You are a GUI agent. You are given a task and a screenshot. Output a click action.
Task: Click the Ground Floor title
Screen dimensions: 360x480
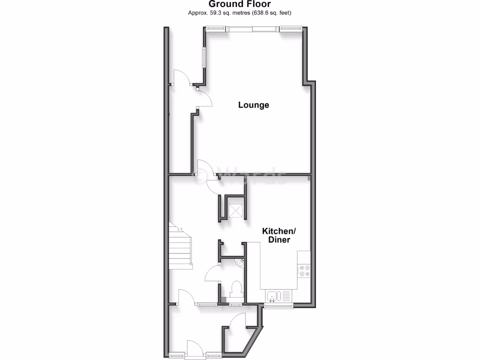tap(240, 4)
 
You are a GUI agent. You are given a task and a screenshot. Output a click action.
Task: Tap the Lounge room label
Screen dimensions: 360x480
tap(254, 105)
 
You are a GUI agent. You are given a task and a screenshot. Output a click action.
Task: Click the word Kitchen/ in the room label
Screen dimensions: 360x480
tap(279, 231)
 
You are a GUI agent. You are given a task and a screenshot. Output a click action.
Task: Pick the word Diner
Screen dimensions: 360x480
tap(279, 240)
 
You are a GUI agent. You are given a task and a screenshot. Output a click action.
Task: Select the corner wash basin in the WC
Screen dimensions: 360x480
tap(240, 263)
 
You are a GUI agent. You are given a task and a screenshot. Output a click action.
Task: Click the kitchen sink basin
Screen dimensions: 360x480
tap(272, 295)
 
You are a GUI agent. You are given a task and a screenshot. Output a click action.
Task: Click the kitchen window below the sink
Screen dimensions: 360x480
tap(278, 306)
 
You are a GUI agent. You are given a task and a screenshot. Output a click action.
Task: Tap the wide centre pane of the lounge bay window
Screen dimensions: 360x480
tap(254, 29)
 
